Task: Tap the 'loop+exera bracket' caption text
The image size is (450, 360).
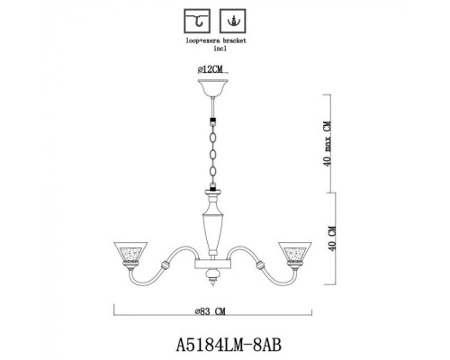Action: [x=215, y=42]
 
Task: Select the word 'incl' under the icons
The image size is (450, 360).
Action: [x=215, y=50]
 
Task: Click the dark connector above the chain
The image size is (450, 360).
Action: [x=215, y=118]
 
